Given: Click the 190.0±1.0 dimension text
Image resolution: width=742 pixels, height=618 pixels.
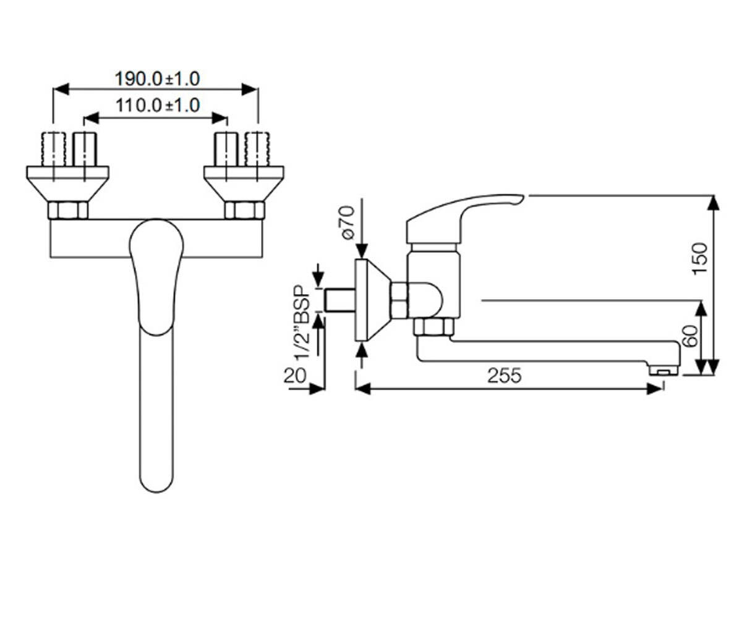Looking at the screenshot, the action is click(x=157, y=79).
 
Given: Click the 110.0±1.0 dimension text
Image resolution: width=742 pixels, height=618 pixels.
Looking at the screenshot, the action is click(x=158, y=106).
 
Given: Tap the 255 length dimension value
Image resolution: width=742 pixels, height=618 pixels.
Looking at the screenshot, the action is click(x=505, y=375).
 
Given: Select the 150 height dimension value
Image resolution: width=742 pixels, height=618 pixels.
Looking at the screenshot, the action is click(x=700, y=258).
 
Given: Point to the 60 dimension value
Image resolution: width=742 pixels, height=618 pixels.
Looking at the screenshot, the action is click(x=691, y=336).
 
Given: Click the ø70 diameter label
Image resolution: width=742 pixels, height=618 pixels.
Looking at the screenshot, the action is click(x=348, y=222).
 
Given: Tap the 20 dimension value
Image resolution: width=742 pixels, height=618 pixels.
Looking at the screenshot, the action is click(x=294, y=375).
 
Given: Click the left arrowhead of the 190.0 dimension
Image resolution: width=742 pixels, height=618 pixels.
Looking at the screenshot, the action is click(x=61, y=90).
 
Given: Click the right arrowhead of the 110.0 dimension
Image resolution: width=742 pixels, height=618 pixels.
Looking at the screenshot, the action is click(x=220, y=118).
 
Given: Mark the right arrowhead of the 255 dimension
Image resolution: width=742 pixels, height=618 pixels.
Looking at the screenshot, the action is click(x=654, y=389).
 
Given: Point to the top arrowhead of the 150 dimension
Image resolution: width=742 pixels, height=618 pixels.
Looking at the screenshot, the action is click(x=713, y=203).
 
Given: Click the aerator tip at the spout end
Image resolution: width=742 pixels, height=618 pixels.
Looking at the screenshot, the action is click(x=663, y=371).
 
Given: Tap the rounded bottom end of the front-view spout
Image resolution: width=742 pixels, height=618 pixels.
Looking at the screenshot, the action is click(x=156, y=483).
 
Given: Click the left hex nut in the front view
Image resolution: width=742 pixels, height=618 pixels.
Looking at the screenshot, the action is click(x=68, y=210).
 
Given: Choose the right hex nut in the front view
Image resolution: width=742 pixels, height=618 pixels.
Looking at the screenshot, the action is click(x=244, y=210).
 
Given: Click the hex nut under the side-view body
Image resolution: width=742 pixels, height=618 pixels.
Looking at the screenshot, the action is click(x=434, y=327).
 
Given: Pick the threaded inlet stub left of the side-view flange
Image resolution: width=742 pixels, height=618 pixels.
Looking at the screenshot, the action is click(x=341, y=300).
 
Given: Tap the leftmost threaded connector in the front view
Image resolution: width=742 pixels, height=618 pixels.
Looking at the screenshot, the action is click(x=54, y=149).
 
